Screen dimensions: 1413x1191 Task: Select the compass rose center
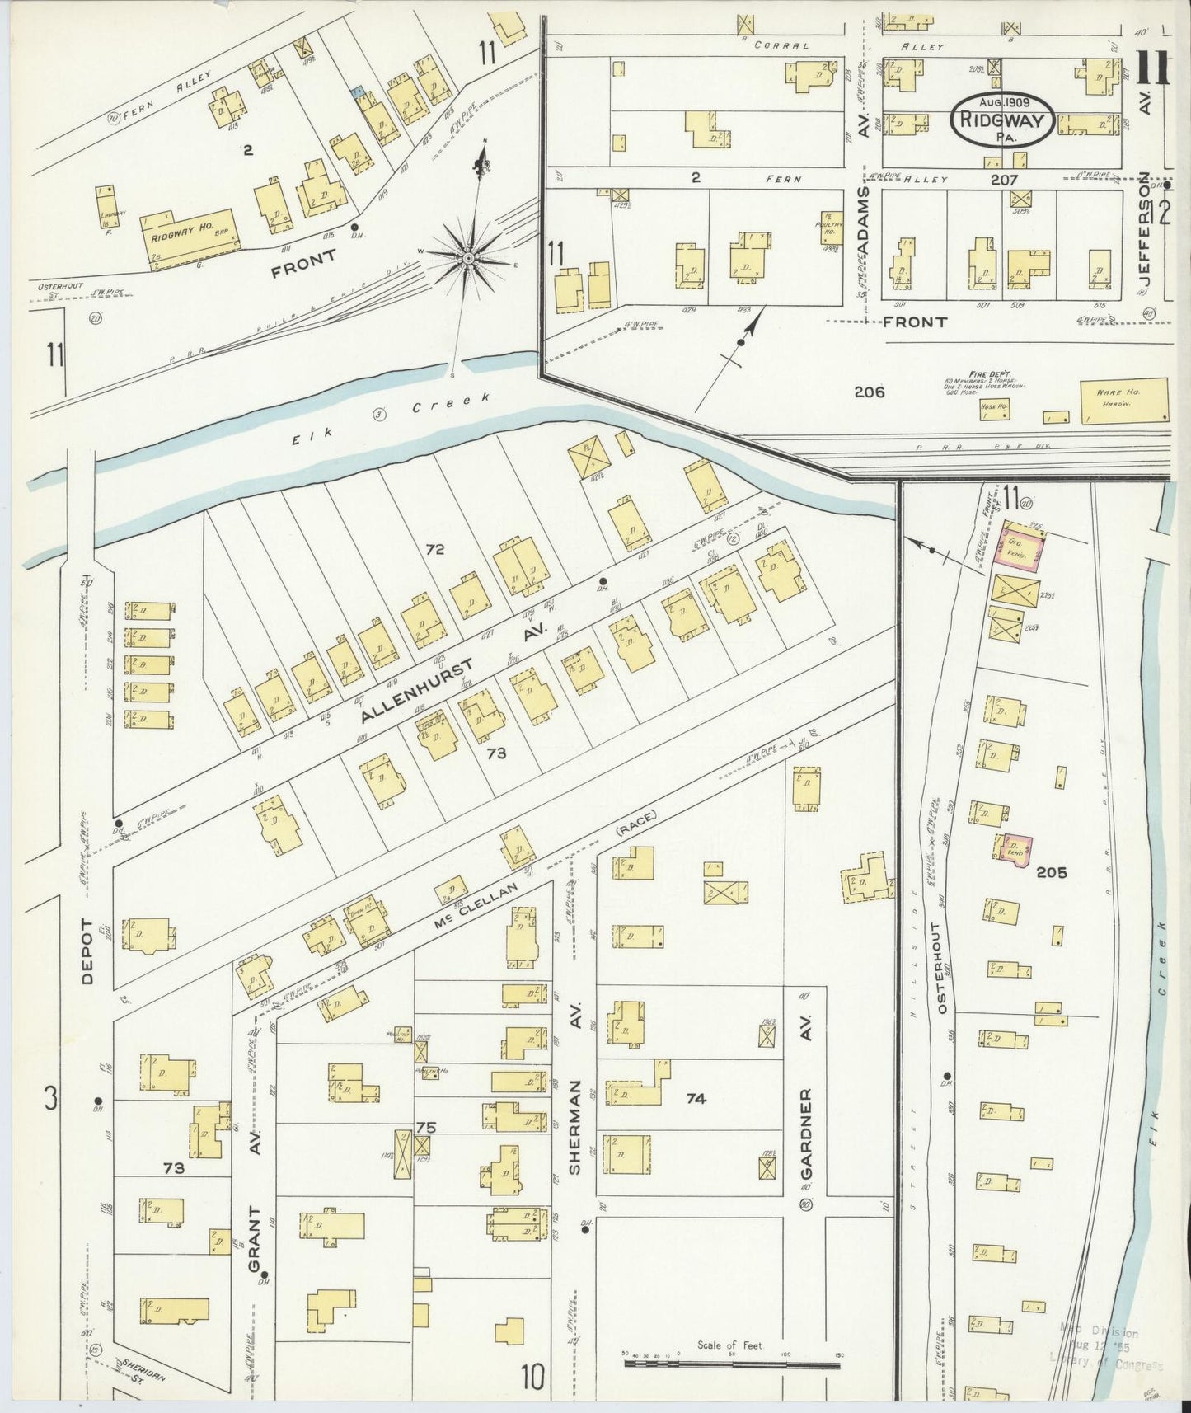pos(468,259)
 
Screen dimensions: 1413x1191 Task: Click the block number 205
pos(1051,872)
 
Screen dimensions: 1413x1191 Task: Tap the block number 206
pos(869,392)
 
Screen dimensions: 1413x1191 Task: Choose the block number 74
pos(696,1098)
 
